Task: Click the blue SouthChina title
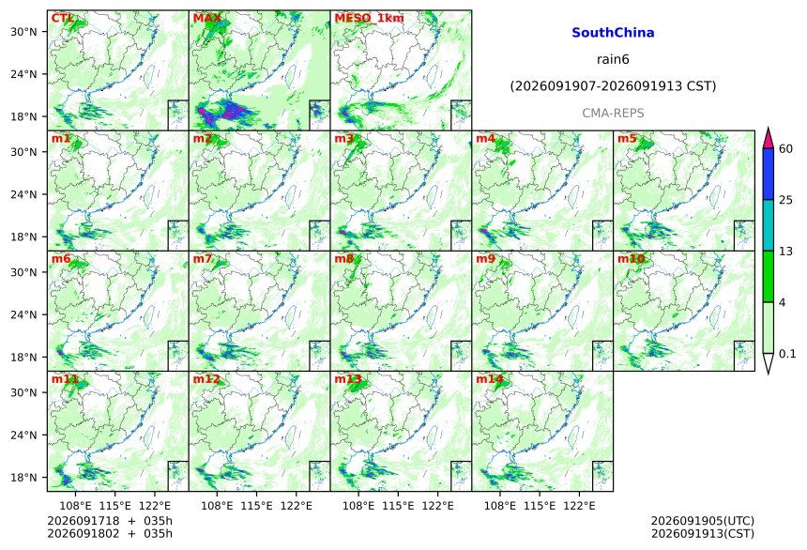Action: coord(613,33)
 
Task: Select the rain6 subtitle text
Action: coord(613,59)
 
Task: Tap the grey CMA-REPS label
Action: coord(613,113)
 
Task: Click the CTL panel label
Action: coord(62,19)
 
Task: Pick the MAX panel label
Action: coord(206,19)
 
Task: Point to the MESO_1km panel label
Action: coord(369,18)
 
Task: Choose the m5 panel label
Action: coord(627,139)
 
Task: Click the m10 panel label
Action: coord(631,259)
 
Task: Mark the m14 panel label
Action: coord(490,379)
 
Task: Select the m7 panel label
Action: coord(203,259)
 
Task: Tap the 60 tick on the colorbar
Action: coord(786,149)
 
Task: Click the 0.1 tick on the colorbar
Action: coord(787,354)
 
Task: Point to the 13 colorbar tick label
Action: coord(786,252)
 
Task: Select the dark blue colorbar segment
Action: coord(769,174)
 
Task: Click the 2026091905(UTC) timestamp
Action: coord(703,521)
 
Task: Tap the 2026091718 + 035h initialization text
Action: coord(110,521)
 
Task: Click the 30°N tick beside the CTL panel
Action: coord(23,31)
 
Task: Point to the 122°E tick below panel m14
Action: coord(580,506)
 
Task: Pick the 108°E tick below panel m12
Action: coord(217,506)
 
